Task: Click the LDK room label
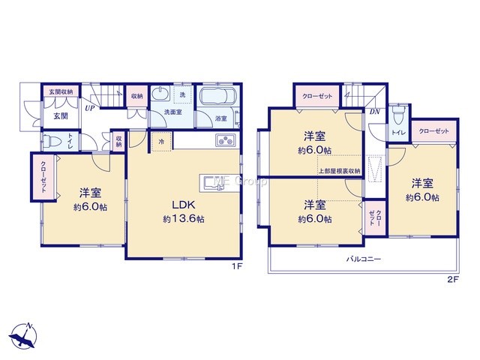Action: pos(184,205)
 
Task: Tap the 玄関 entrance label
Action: pos(61,116)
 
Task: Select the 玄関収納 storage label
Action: pos(61,91)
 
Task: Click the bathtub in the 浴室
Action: pos(218,96)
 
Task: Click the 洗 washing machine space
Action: pos(182,94)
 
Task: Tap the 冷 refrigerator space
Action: pos(161,142)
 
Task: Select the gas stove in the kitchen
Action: pos(226,140)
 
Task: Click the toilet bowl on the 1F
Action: pos(51,142)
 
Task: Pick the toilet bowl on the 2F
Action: pos(398,115)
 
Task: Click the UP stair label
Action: pos(89,108)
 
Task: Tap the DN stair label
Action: pos(374,112)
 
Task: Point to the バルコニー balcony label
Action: pos(364,259)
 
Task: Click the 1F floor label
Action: pos(237,267)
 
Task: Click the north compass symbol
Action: pos(23,336)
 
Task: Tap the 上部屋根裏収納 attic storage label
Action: pos(340,171)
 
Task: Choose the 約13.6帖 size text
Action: pos(184,219)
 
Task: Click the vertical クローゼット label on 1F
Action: pos(43,177)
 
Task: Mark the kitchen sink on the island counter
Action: pos(211,184)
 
